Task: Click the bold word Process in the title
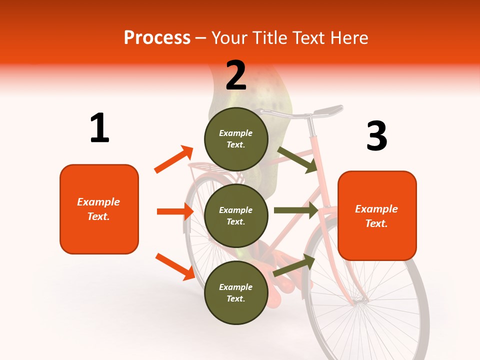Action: click(157, 37)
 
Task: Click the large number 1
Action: click(99, 128)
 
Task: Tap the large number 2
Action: click(236, 75)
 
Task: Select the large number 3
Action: click(376, 136)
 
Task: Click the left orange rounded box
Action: click(99, 209)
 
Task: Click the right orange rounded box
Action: click(377, 215)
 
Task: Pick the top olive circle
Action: click(236, 139)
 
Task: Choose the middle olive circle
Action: click(236, 215)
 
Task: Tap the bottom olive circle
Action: click(236, 292)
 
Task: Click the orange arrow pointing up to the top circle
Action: click(173, 159)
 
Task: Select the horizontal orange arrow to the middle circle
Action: click(175, 211)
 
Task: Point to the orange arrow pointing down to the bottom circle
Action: click(175, 266)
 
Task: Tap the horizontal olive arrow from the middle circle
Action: click(296, 210)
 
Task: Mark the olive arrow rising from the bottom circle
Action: click(294, 265)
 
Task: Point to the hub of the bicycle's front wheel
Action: click(361, 301)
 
